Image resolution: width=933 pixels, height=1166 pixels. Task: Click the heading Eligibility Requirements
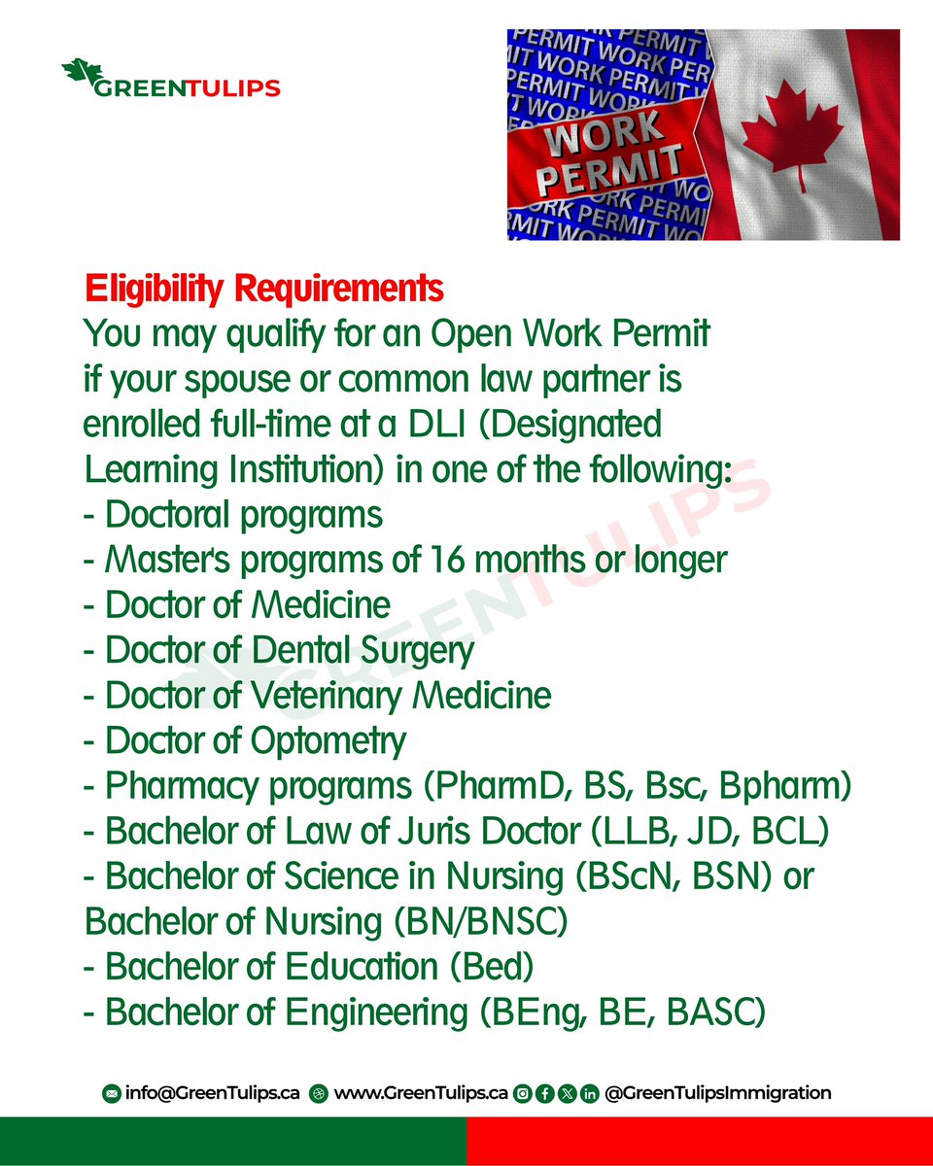pyautogui.click(x=264, y=289)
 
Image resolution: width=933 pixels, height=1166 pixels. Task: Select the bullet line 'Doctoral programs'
pyautogui.click(x=233, y=514)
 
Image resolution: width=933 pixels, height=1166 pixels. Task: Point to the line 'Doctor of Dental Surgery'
pyautogui.click(x=280, y=650)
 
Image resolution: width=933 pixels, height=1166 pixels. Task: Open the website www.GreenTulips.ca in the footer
pyautogui.click(x=421, y=1093)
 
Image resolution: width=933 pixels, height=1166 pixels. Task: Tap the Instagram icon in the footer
pyautogui.click(x=523, y=1094)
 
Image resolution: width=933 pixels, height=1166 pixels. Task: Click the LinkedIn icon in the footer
pyautogui.click(x=589, y=1094)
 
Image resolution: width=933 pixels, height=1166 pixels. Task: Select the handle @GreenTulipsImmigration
pyautogui.click(x=717, y=1093)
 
